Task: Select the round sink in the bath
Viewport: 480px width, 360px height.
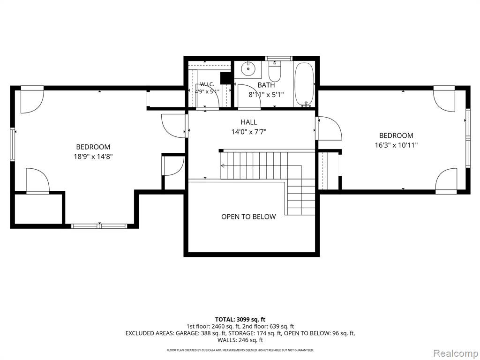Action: click(248, 68)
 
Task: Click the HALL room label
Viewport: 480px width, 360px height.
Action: click(249, 122)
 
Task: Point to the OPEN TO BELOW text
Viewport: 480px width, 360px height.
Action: click(248, 217)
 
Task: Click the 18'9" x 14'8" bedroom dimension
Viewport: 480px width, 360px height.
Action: click(93, 157)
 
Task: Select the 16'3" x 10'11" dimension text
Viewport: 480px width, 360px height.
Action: click(397, 145)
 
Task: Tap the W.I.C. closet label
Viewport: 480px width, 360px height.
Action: click(207, 84)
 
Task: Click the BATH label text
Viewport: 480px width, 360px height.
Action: click(266, 85)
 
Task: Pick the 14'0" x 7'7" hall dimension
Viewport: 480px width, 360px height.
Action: click(249, 132)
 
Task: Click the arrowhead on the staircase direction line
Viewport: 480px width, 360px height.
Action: click(222, 166)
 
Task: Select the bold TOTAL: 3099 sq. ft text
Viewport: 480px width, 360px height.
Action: click(240, 320)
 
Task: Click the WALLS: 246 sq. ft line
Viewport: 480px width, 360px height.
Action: click(240, 340)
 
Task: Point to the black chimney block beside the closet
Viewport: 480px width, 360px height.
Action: click(225, 78)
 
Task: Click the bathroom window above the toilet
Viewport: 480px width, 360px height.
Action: click(278, 59)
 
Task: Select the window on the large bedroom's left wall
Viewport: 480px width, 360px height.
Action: click(13, 144)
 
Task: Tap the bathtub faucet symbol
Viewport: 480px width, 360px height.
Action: click(306, 105)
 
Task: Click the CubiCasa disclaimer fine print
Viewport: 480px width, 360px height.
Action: click(240, 350)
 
